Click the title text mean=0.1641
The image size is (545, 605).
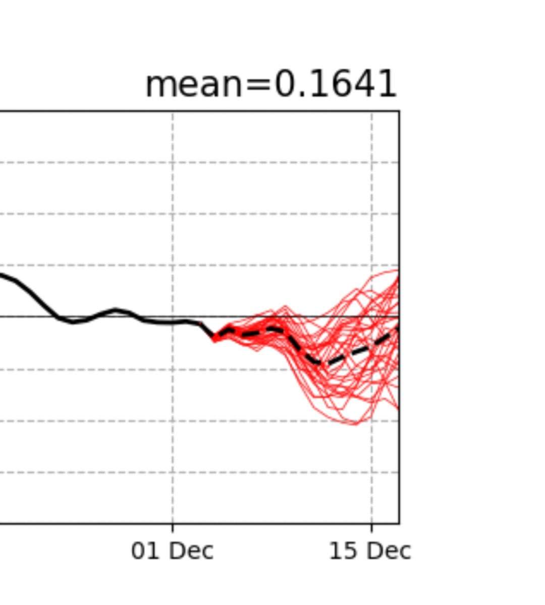[271, 85]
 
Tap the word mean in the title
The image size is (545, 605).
[194, 85]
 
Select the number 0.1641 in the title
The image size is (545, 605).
[335, 85]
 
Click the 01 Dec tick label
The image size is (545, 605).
[172, 551]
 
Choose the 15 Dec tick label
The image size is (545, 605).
[370, 551]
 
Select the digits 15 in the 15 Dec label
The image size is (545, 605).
[341, 551]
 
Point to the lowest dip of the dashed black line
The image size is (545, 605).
[317, 362]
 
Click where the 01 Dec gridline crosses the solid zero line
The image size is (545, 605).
[173, 316]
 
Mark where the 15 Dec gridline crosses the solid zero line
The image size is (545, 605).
[372, 316]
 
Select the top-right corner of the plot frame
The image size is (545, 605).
[399, 111]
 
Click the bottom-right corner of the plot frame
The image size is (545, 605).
[399, 523]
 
